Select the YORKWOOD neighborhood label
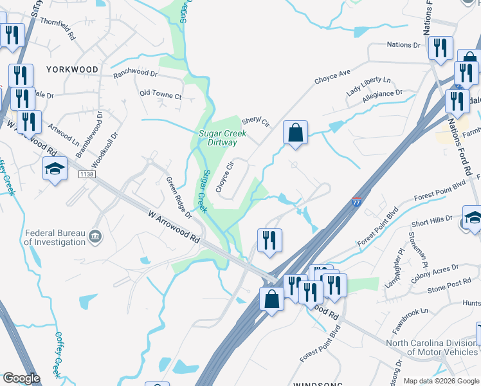click(72, 69)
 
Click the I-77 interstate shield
click(356, 202)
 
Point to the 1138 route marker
click(87, 174)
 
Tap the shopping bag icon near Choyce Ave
click(295, 133)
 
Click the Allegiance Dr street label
click(382, 95)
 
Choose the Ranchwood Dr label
click(135, 75)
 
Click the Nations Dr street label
click(403, 45)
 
